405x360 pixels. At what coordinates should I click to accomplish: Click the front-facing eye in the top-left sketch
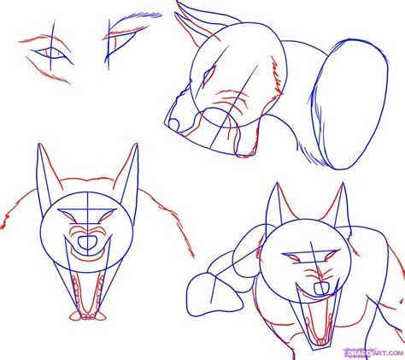tap(53, 55)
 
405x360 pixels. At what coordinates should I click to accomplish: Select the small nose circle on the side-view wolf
tap(174, 125)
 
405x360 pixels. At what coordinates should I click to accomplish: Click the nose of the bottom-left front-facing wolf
tap(87, 243)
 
